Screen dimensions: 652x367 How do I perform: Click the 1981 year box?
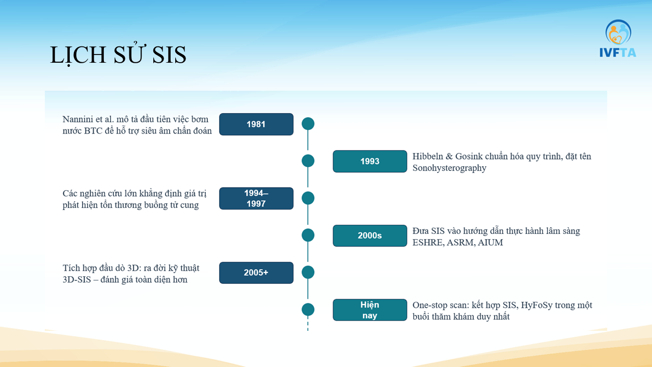256,124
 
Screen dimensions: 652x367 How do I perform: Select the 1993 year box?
370,162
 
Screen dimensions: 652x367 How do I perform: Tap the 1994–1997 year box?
256,198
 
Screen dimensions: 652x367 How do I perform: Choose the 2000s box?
370,235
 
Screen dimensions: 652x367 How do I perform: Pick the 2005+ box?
256,273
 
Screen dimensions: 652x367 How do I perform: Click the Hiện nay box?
370,310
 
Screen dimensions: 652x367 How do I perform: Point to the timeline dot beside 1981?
308,123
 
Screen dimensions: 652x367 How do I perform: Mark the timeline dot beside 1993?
308,161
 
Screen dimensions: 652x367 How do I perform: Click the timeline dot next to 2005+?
308,272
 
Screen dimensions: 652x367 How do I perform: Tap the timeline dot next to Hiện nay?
308,309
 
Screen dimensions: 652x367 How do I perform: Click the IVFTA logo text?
618,53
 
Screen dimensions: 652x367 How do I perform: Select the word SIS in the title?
169,55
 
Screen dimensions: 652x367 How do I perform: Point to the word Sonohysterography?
449,168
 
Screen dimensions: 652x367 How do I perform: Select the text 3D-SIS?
77,280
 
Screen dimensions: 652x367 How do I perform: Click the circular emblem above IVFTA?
618,32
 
